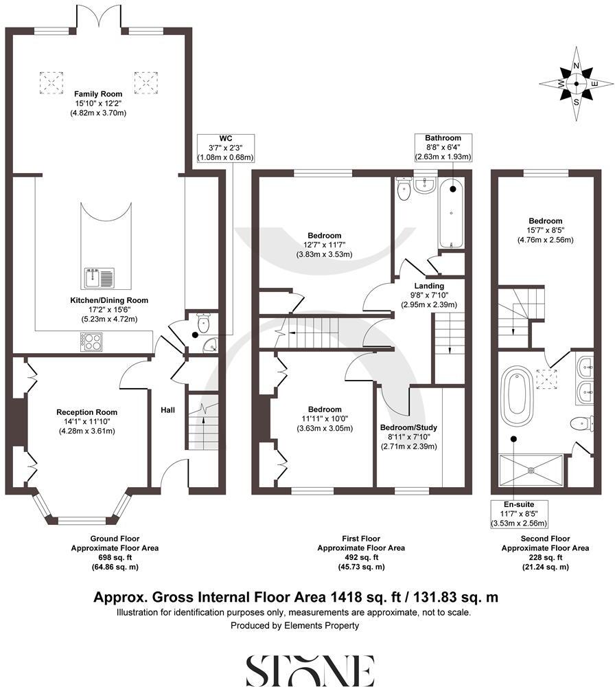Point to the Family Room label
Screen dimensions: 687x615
point(98,94)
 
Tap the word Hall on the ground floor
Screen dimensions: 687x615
point(167,410)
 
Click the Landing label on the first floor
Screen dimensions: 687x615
point(429,286)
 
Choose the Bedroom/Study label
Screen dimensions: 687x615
point(408,427)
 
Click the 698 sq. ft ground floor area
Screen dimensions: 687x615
point(115,558)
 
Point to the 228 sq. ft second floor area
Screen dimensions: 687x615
point(545,558)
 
